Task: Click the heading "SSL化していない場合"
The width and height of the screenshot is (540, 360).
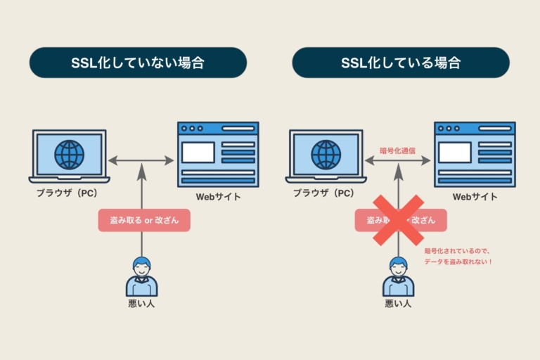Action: click(138, 63)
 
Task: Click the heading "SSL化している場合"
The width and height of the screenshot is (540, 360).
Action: click(401, 63)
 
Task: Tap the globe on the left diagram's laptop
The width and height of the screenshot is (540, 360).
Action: click(69, 154)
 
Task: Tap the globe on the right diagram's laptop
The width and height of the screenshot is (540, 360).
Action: click(326, 154)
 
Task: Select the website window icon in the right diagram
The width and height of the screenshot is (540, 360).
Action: click(475, 154)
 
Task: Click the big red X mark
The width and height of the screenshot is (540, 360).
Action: click(398, 220)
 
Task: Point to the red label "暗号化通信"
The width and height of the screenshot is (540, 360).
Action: click(398, 149)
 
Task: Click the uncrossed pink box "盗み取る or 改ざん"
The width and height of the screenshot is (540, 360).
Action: click(144, 220)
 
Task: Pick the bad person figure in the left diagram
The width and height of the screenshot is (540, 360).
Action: click(141, 277)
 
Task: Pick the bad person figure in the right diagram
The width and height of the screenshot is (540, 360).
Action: click(398, 277)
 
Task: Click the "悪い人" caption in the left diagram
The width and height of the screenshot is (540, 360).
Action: click(141, 304)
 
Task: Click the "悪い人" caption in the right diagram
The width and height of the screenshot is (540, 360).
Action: click(398, 304)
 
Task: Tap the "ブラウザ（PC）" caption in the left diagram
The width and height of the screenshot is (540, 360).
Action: click(67, 193)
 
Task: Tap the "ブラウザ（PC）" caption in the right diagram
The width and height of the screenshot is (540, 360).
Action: click(324, 193)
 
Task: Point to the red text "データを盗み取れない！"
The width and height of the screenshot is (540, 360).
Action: click(458, 262)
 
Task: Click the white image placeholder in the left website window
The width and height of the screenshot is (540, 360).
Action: click(198, 152)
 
